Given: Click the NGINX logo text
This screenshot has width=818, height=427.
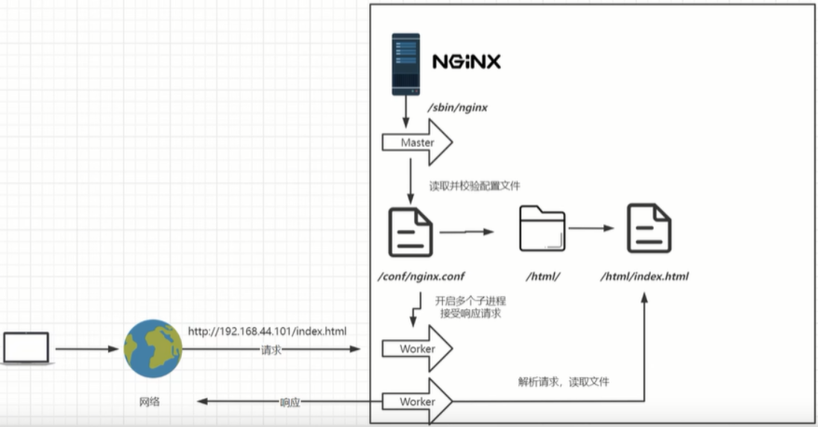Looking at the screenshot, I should tap(467, 61).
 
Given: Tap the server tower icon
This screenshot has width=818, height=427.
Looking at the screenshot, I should tap(406, 64).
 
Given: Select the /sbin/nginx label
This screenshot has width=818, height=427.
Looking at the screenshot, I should tap(457, 107).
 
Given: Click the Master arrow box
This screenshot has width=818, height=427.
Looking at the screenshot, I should tap(417, 143).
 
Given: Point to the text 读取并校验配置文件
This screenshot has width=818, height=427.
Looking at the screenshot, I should tap(474, 186).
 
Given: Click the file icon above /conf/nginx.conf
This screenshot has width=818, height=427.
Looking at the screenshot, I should tap(410, 231).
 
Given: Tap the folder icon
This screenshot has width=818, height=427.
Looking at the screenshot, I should tap(542, 228).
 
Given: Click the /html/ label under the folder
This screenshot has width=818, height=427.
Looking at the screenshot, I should tap(543, 276).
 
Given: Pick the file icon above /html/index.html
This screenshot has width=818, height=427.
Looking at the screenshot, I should tap(649, 228).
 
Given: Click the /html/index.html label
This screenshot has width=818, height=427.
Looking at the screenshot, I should tap(645, 276).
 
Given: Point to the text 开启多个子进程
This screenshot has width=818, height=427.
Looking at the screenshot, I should tap(470, 301).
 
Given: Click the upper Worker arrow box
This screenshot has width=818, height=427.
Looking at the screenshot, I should tap(417, 349).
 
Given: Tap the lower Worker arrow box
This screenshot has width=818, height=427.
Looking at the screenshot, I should tap(417, 402).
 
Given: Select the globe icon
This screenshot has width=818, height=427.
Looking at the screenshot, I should tap(153, 349).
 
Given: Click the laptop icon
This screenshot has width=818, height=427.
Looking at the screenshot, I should tap(26, 349).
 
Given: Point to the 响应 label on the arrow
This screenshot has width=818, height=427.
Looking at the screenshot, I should tap(290, 402).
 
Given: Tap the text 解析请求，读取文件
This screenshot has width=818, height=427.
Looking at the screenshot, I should tap(563, 381).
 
